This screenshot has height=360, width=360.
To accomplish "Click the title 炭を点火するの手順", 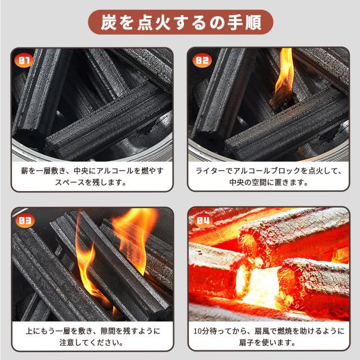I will click(180, 24).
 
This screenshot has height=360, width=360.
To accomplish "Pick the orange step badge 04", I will click(202, 220).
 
